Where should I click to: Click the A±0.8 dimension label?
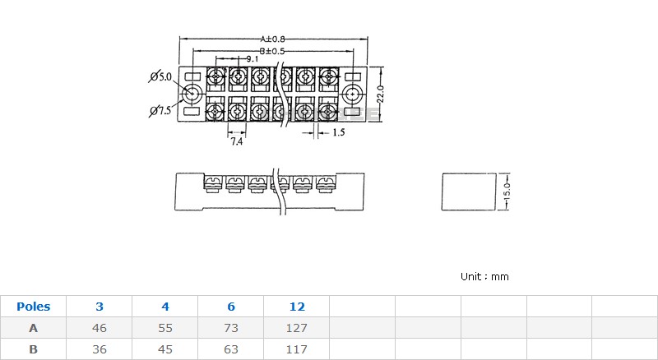272,39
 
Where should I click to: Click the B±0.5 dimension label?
272,51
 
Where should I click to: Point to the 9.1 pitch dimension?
253,59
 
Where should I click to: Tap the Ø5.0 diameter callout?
160,76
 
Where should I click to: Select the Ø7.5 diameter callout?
160,111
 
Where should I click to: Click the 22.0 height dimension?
380,94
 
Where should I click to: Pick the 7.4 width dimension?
237,142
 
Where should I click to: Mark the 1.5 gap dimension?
339,132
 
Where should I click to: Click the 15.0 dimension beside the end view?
507,192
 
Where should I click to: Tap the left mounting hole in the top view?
192,94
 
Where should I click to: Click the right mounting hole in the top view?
353,94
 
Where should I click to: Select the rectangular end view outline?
469,173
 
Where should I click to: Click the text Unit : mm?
484,276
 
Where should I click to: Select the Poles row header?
33,307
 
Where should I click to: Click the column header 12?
297,307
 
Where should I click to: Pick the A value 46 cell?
99,328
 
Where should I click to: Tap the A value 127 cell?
297,328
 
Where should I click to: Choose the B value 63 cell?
231,349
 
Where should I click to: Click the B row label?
33,349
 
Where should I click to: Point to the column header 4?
165,307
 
